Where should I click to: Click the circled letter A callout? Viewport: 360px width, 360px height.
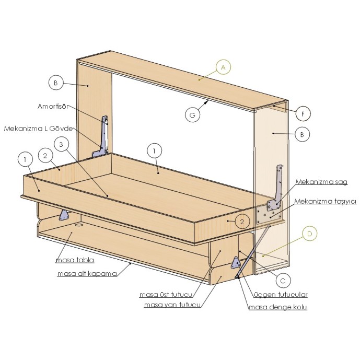coord(223,67)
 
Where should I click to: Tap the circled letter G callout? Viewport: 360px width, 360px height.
coord(192,114)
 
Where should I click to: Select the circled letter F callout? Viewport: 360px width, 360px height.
coord(303,113)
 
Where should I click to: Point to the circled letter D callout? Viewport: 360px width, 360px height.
coord(310,234)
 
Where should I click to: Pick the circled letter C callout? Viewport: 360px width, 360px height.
coord(283,281)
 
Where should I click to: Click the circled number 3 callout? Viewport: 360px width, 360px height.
coord(61,144)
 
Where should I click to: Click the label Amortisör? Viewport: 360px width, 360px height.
coord(53,106)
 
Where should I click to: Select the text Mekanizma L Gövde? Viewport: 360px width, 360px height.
coord(38,129)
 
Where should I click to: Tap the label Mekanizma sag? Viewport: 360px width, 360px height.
coord(321,182)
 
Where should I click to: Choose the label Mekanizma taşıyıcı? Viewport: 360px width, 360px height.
coord(326,201)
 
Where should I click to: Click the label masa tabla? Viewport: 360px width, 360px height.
coord(75,260)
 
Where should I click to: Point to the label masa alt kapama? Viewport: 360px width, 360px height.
coord(87,274)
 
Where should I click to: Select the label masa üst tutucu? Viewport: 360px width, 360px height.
coord(166,295)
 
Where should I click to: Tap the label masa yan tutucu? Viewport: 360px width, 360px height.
coord(172,305)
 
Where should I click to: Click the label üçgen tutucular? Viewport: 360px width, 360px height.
coord(281,295)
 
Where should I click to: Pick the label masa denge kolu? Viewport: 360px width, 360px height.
coord(278,307)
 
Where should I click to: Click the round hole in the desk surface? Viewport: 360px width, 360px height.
coord(79,225)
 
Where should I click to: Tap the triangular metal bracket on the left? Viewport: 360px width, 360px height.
coord(64,215)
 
